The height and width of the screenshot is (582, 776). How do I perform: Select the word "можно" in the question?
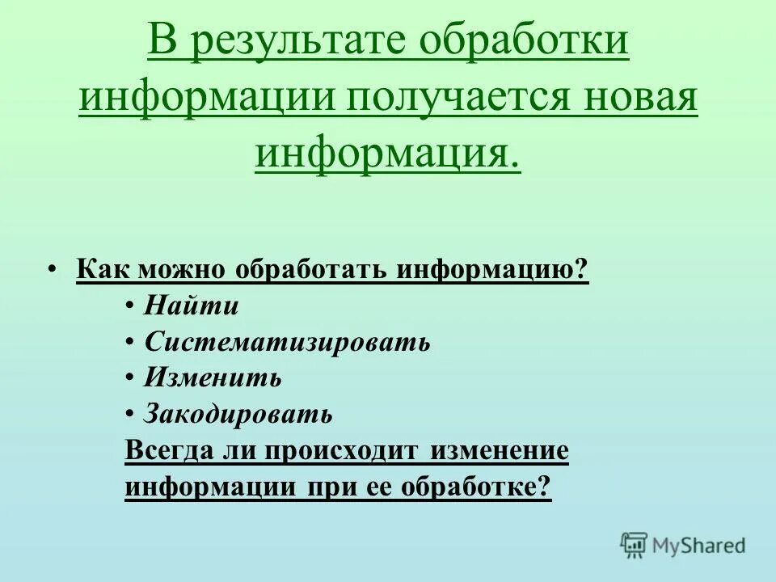[183, 269]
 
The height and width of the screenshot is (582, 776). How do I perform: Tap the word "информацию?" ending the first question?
[493, 269]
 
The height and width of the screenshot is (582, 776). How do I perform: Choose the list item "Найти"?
[192, 306]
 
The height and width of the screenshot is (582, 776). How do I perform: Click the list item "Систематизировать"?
[287, 342]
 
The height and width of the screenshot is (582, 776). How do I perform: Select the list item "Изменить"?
[213, 377]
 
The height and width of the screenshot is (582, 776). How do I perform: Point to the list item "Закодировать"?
[238, 414]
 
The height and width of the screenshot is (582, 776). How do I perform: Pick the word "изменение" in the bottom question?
[500, 451]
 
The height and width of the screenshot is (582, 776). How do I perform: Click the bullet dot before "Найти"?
[131, 306]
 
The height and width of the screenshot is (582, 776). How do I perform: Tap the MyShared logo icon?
[635, 545]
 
